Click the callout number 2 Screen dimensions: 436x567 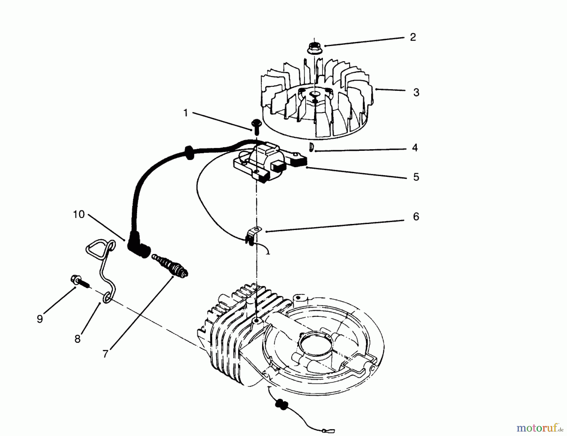coord(413,37)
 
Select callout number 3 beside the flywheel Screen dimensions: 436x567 coord(416,93)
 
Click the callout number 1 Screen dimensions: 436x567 coord(186,113)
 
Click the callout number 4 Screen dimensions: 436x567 coord(415,148)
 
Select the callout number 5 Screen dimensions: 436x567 coord(416,177)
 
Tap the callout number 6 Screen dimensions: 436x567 coord(416,217)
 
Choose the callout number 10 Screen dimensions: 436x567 coord(79,215)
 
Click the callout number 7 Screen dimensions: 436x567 coord(106,354)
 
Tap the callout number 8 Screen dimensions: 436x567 coord(77,339)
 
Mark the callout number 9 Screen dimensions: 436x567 coord(40,319)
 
